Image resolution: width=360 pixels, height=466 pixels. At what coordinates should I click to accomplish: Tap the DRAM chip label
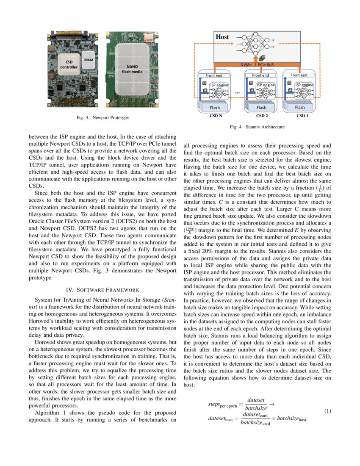coord(88,60)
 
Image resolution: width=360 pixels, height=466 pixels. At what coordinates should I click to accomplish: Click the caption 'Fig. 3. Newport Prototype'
coord(102,117)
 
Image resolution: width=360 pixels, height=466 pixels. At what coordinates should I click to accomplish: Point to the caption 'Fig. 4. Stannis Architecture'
coord(257,127)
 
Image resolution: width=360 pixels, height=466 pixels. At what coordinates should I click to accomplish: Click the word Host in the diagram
coord(222,37)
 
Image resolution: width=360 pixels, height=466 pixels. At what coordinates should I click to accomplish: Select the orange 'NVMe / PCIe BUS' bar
coord(257,64)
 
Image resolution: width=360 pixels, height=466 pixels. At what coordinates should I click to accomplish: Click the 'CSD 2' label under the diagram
coord(262,115)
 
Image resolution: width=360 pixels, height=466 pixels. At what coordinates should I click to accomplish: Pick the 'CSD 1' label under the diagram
coord(301,115)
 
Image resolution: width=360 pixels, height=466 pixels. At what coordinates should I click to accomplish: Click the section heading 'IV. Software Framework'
coord(102,290)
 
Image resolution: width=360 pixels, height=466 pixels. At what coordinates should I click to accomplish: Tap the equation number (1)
coord(327,411)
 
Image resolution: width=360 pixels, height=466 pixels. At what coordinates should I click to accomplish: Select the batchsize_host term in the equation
coord(291,419)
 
